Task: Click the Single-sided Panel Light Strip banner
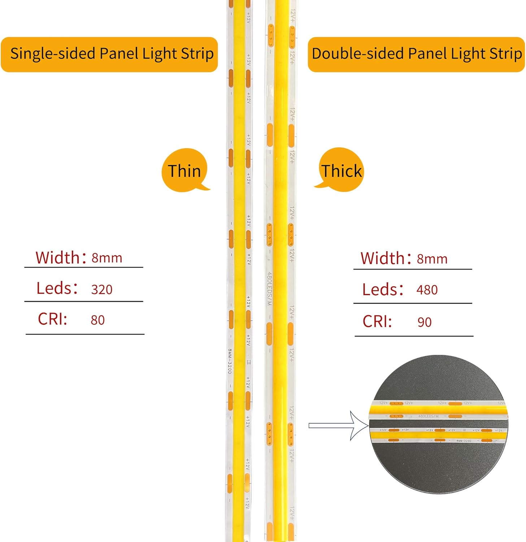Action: [109, 54]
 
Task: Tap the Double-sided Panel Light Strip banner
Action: [416, 54]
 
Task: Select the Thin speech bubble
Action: [184, 171]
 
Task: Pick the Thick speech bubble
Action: [341, 171]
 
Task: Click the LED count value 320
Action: [102, 289]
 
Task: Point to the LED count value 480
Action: [427, 290]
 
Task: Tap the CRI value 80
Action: [97, 320]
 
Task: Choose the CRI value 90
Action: [424, 322]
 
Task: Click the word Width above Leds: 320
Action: [57, 258]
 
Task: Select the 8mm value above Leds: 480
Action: [432, 259]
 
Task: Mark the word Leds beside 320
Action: [54, 288]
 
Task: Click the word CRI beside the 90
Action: [377, 321]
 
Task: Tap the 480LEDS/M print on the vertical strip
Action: [269, 289]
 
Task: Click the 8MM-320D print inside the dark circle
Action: [464, 441]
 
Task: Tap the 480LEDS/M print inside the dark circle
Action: [429, 416]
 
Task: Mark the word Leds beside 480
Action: [380, 290]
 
